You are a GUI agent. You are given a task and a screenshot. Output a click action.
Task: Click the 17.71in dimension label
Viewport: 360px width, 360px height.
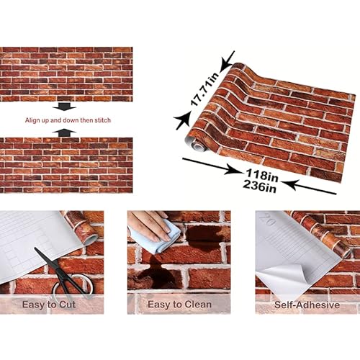coord(204,89)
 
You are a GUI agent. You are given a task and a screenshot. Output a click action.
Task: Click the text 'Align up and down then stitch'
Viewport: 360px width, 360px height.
coord(67,120)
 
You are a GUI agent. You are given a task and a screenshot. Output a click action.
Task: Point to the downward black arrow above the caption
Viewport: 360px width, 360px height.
coord(66,107)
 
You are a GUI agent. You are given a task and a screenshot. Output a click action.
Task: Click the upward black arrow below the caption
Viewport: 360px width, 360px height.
coord(66,132)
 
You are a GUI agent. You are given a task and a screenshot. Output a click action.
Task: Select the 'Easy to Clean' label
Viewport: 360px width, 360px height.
coord(179,305)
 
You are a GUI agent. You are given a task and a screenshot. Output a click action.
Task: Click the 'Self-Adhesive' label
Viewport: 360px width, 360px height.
coord(307,305)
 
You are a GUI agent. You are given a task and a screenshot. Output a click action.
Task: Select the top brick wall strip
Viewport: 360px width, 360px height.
coord(66,74)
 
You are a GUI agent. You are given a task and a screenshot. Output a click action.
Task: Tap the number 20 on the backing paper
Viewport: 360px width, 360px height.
coord(271,223)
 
